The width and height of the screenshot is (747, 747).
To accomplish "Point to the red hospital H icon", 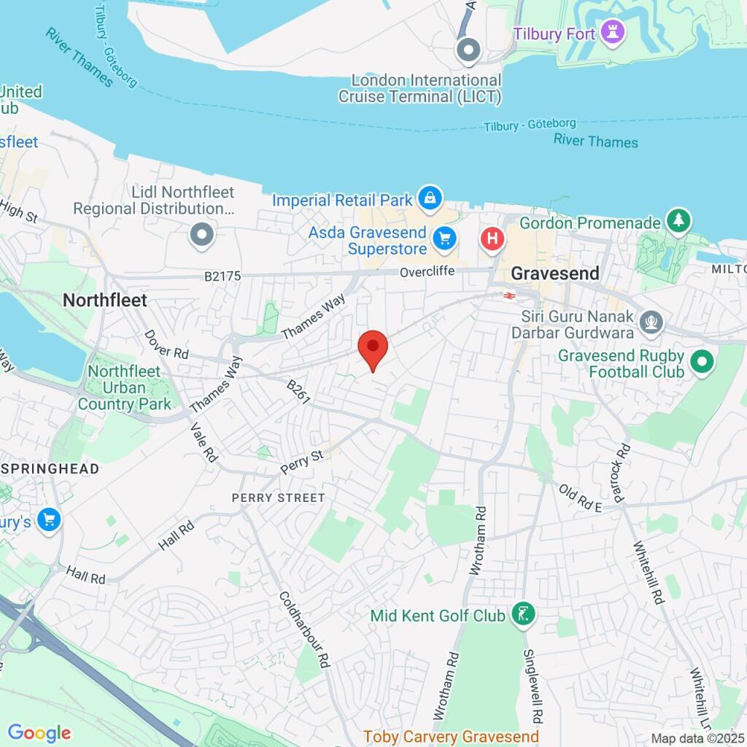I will coord(493,238).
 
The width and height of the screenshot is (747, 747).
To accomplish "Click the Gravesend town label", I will coord(555,274).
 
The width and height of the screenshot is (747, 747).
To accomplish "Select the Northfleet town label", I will coord(105,300).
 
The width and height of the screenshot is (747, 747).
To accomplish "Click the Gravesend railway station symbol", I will coord(508,295).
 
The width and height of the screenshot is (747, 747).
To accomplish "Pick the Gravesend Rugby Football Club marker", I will coord(702,362).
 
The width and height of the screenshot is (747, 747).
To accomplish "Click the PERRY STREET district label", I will coord(278,498).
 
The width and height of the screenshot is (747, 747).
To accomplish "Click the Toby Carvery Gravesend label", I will coord(451,736).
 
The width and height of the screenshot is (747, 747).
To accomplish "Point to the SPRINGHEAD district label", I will coord(50,468).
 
